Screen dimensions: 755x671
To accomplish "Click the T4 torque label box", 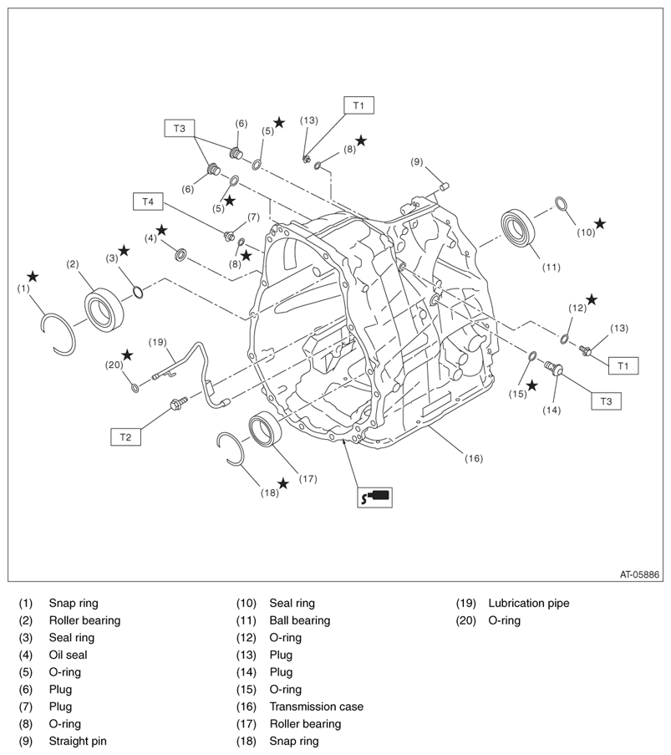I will point(148,202).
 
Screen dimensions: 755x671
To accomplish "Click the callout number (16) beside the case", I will point(473,458).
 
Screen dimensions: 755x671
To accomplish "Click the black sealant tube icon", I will point(374,497).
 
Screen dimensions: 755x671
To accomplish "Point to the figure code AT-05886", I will point(640,574).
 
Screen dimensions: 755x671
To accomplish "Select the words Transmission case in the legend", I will point(316,707).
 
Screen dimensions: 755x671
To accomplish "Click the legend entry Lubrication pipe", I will point(528,603).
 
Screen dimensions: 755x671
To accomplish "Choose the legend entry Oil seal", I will point(68,655).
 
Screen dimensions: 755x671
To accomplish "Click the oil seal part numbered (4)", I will point(180,253).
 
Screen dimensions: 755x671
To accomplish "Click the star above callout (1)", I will point(32,276).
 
